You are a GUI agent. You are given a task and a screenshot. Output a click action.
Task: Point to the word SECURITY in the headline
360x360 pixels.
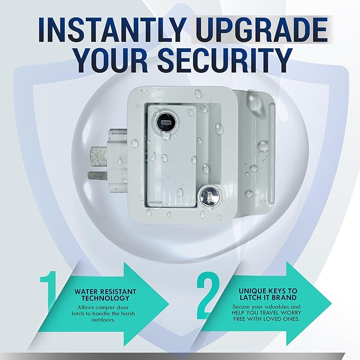(225, 60)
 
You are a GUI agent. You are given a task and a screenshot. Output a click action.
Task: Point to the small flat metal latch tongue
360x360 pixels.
(98, 176)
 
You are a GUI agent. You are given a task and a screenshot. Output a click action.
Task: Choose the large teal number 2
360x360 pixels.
(208, 295)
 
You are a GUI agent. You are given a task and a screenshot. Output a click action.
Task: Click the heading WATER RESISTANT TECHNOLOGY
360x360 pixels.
(106, 295)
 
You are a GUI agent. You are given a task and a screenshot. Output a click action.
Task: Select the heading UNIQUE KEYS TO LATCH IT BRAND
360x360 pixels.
(268, 294)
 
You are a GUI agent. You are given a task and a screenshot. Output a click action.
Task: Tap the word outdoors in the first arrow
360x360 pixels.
(103, 320)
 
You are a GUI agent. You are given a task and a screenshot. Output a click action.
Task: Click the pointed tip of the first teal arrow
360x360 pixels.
(169, 305)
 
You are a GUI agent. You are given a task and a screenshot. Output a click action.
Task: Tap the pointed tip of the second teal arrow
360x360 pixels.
(331, 304)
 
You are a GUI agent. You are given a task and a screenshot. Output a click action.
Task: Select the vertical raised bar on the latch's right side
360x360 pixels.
(271, 153)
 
